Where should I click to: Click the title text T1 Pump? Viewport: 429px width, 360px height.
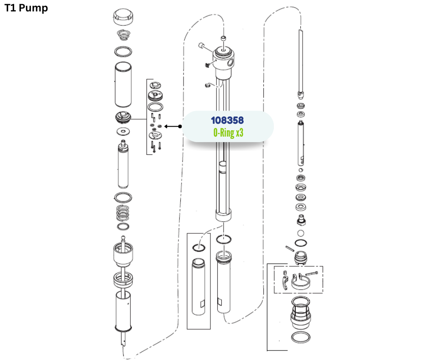[x=26, y=8]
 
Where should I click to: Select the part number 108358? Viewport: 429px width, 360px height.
[x=227, y=120]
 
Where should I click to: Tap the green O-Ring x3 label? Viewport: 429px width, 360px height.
[x=228, y=133]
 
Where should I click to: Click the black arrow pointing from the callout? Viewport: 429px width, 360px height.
[x=173, y=126]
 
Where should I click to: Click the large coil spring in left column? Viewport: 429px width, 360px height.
[x=123, y=213]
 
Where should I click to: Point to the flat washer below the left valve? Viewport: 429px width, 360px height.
[x=123, y=132]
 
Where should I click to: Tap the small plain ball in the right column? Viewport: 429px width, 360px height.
[x=301, y=233]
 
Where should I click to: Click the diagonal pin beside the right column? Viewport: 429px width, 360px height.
[x=290, y=249]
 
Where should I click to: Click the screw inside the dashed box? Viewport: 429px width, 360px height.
[x=311, y=273]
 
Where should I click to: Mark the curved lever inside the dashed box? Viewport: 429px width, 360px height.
[x=285, y=283]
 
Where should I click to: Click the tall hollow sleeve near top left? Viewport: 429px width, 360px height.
[x=123, y=85]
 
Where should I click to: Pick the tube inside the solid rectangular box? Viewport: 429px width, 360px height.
[x=199, y=286]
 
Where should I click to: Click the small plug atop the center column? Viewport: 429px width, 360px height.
[x=224, y=38]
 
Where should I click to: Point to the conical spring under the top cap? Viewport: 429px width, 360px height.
[x=124, y=35]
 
